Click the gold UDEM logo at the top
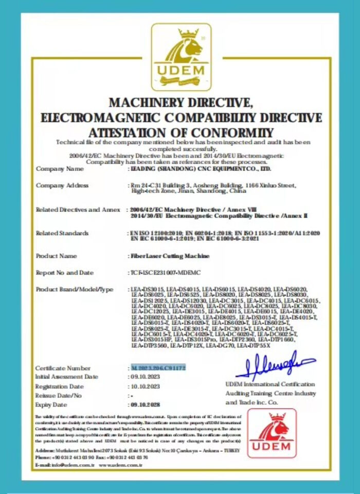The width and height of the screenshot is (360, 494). pos(181,57)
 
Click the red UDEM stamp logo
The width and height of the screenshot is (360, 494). pos(272,433)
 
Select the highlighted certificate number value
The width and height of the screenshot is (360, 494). pos(157,368)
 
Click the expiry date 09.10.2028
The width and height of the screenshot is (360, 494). pos(146,405)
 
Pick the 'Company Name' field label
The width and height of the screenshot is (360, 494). pos(59,168)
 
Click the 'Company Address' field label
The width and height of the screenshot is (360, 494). pos(62,185)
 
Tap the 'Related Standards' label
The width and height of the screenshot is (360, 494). pos(62,234)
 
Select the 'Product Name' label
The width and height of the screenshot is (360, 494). pos(57,256)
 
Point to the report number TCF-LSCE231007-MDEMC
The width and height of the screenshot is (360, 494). pos(167,272)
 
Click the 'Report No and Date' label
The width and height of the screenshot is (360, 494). pos(65,272)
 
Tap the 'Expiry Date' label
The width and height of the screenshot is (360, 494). pos(52,405)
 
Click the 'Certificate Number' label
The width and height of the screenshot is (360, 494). pos(63,368)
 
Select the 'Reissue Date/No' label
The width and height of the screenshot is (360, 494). pos(58,396)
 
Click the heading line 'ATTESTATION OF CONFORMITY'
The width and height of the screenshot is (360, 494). pos(181,133)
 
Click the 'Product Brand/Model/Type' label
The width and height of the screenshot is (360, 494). pos(74,289)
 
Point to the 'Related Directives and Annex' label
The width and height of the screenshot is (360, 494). pos(77,209)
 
